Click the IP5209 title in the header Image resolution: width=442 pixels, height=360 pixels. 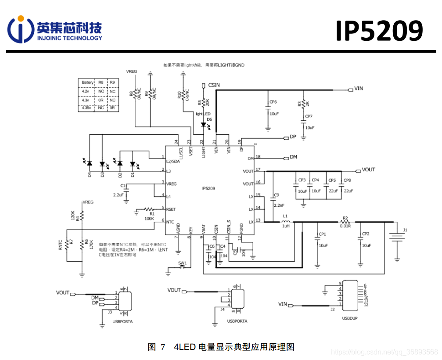379,31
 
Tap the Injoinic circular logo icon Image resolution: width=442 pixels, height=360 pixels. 20,29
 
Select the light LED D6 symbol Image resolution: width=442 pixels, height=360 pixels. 203,125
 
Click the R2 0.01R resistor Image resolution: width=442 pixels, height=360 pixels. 345,222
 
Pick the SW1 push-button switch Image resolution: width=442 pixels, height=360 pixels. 183,267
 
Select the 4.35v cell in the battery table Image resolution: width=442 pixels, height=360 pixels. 87,108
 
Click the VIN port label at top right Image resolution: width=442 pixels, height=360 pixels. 359,89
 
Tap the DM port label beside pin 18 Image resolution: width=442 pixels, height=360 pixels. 294,157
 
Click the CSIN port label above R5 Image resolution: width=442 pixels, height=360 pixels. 214,84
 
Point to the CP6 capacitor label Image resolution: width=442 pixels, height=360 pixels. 273,102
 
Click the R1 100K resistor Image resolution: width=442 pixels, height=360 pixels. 149,209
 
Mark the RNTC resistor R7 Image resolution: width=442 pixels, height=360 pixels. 67,245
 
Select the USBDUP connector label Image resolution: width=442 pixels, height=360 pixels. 349,318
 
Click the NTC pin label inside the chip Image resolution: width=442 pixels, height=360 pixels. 170,221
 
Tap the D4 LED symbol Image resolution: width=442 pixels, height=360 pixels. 90,163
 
